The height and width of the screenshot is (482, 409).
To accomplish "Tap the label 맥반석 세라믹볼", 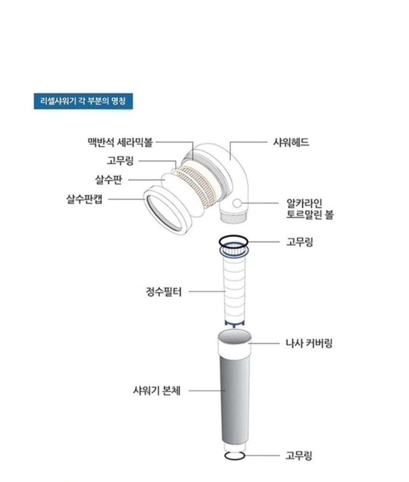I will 120,142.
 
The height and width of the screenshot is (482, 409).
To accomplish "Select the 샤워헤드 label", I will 291,142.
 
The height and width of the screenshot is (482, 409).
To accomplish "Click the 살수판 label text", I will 108,179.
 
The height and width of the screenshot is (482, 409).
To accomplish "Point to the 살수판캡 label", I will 84,199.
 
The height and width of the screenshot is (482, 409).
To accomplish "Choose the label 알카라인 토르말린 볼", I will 309,209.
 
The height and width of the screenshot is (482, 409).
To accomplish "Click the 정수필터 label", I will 163,291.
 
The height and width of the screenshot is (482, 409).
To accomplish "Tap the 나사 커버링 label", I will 309,343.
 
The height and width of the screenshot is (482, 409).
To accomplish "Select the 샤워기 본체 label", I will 157,391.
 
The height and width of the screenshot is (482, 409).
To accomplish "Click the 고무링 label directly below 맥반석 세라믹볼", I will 120,161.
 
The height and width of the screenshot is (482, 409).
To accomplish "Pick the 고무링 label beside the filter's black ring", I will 300,242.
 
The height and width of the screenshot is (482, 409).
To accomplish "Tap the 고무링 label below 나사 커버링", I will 299,455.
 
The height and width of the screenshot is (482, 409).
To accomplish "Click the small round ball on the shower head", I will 237,203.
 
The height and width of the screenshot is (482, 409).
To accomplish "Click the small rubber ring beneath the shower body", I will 234,455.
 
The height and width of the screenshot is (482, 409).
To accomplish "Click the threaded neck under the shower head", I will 234,216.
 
